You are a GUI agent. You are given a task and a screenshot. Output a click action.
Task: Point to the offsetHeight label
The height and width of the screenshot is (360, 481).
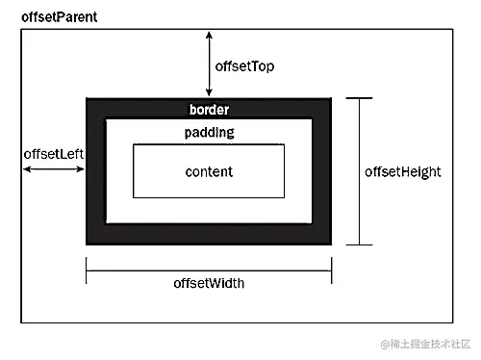point(403,171)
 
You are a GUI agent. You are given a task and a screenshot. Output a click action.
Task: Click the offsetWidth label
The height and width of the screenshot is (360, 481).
point(209,283)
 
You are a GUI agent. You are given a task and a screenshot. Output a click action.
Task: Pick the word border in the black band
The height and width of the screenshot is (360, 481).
point(210,110)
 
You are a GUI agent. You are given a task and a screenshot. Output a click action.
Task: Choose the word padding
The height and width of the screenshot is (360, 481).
point(209,132)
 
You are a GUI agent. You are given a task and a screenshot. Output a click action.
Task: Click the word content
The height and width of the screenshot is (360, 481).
point(209,171)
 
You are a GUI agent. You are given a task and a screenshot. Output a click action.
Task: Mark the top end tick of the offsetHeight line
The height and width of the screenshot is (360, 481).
point(359,98)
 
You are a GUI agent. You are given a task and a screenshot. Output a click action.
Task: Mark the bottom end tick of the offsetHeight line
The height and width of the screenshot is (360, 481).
point(359,244)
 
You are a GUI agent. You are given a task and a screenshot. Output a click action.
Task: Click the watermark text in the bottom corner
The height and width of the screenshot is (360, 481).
point(426,344)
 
